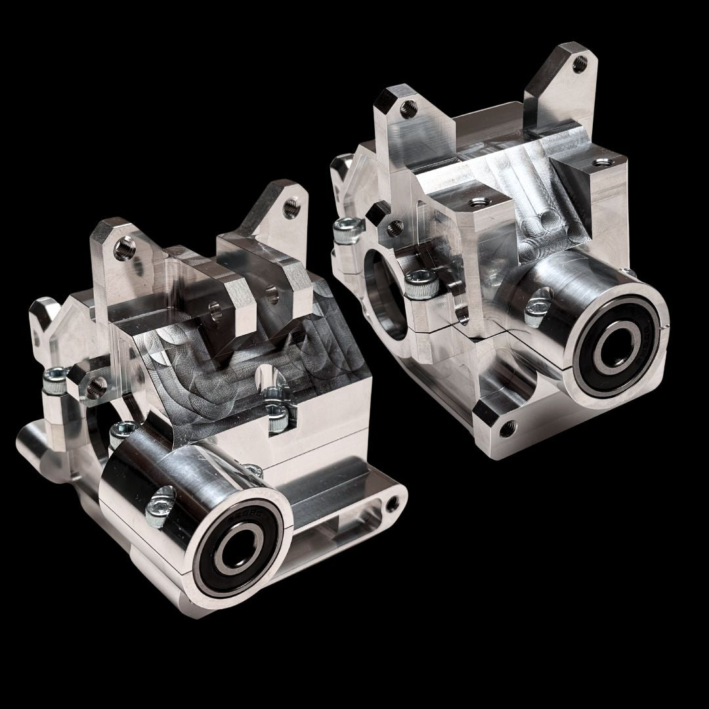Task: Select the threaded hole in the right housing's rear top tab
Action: [578, 63]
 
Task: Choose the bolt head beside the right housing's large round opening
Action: [419, 283]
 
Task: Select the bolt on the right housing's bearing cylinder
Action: [536, 308]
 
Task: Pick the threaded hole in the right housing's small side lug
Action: [394, 226]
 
